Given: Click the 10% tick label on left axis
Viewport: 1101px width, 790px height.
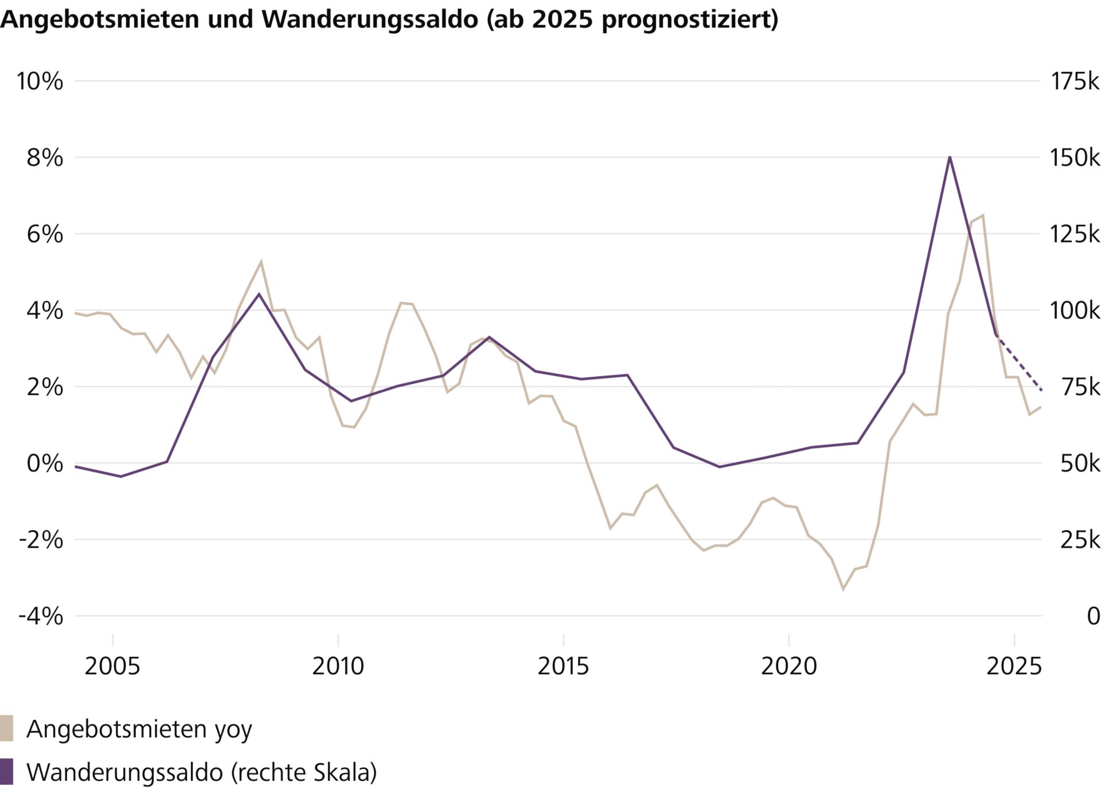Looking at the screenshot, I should [39, 81].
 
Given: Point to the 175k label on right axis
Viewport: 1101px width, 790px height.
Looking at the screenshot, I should [1074, 81].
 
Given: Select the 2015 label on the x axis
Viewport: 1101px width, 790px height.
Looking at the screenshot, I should [563, 666].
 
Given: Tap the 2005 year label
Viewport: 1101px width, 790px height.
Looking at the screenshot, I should [112, 666].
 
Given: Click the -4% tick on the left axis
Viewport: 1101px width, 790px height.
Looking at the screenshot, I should [40, 616].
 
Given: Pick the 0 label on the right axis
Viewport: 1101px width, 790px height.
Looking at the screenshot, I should [1093, 616].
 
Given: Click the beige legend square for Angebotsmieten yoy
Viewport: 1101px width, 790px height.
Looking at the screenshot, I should [6, 728].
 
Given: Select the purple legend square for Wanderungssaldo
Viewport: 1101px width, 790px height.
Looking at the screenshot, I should [6, 772].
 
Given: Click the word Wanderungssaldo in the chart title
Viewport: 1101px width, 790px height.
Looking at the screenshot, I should [370, 19].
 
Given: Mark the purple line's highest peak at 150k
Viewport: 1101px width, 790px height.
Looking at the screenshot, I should [950, 157].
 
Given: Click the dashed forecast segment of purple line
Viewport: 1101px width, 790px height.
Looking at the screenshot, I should [1020, 363].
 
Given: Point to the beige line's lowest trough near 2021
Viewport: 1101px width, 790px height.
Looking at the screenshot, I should [843, 589].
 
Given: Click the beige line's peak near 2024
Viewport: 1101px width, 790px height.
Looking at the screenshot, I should [983, 216].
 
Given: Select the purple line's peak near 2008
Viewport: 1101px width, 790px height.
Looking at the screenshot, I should [259, 294].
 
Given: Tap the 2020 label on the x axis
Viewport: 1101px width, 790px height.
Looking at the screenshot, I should [788, 666].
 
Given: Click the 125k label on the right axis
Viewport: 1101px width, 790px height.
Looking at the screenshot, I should [1074, 234].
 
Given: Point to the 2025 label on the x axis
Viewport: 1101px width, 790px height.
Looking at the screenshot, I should [1013, 666].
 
